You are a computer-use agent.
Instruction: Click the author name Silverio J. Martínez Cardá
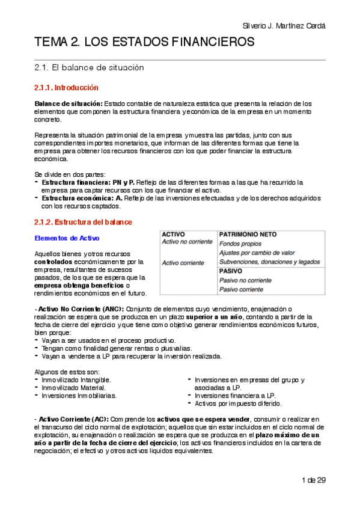tap(284, 26)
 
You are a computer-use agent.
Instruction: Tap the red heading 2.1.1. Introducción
tap(66, 88)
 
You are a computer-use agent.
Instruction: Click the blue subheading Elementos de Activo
tap(67, 238)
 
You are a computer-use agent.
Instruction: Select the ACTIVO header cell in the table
tap(174, 233)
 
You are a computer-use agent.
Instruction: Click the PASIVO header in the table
tap(231, 271)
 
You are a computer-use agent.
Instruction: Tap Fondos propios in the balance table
tap(240, 244)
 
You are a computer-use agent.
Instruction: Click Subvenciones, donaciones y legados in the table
tap(269, 262)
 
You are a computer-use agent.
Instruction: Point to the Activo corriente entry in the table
tap(184, 262)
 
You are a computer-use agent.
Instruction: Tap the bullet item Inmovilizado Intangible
tap(76, 380)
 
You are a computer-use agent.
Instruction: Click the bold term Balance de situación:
tap(69, 103)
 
